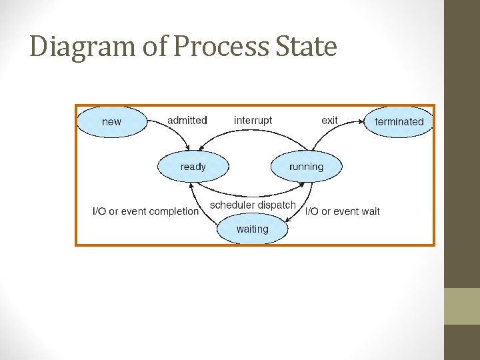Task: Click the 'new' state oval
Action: pos(111,122)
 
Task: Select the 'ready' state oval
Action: pos(193,167)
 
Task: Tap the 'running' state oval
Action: pos(306,167)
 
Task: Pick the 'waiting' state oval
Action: pos(252,229)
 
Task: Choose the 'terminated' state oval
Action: pos(399,122)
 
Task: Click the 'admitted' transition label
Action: pos(187,120)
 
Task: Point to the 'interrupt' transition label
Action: pos(253,120)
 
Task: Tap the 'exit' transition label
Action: pos(329,120)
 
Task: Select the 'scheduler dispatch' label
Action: pos(253,205)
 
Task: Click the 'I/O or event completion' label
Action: pos(145,211)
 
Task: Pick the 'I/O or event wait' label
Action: pos(343,211)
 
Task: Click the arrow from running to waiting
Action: pos(299,207)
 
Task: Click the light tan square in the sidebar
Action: pos(462,306)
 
